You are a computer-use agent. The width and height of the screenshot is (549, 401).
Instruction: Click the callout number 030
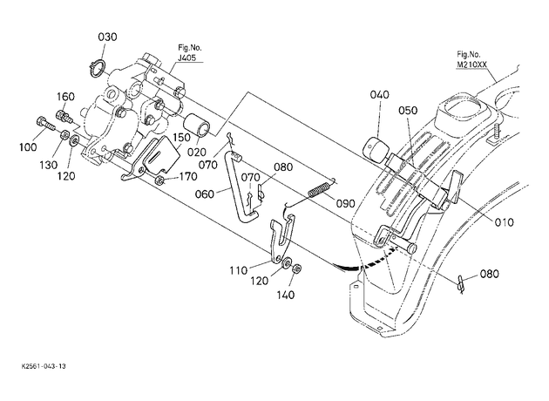click(x=107, y=37)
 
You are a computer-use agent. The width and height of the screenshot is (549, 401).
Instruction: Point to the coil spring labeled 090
click(x=319, y=189)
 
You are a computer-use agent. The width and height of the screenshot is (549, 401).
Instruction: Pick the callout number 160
click(x=65, y=96)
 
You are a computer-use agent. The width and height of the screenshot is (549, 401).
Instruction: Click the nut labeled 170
click(x=159, y=180)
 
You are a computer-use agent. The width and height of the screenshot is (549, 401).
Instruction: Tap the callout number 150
click(x=182, y=137)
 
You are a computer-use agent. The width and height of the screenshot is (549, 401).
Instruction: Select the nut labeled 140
click(x=297, y=268)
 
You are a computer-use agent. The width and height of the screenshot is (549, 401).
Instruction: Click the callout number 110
click(x=239, y=270)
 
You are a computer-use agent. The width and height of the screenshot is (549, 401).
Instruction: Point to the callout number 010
click(x=504, y=222)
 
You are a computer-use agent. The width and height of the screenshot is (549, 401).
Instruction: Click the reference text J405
click(x=186, y=58)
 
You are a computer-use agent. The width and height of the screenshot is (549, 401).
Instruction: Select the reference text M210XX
click(x=471, y=65)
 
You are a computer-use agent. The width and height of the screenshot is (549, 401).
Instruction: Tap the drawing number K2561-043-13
click(x=44, y=366)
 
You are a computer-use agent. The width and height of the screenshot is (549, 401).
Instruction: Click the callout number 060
click(x=205, y=194)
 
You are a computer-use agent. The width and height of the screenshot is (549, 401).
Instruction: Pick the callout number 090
click(x=346, y=203)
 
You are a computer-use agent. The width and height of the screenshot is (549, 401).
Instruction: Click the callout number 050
click(x=408, y=111)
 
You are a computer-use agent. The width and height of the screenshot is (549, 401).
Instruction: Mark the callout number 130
click(x=48, y=165)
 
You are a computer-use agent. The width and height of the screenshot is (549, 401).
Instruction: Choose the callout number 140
click(x=286, y=296)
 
